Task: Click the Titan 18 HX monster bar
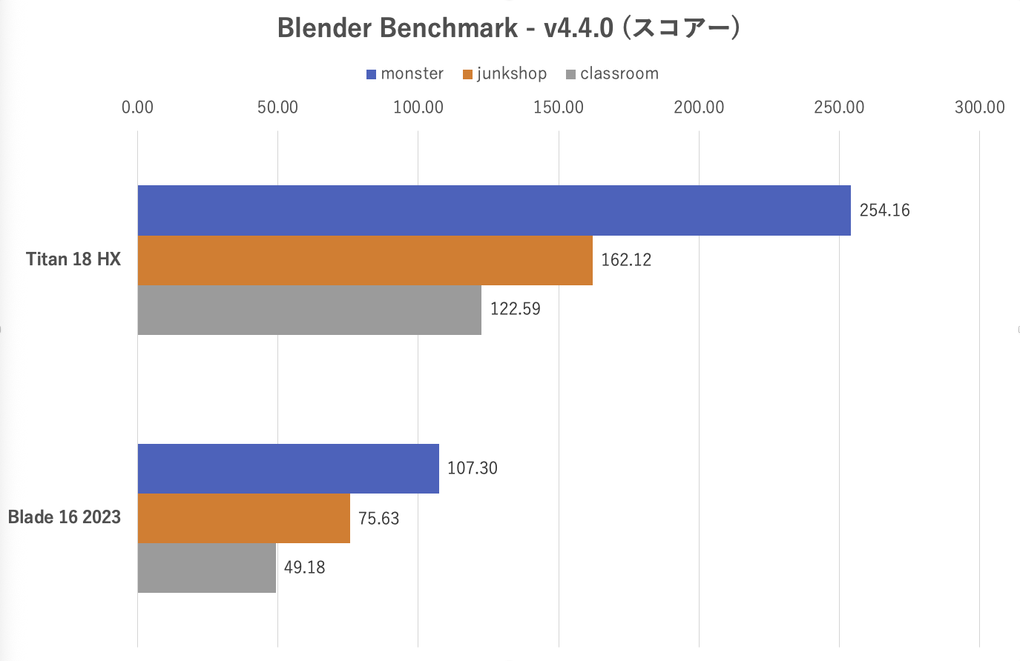click(493, 210)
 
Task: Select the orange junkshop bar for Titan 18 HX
click(364, 260)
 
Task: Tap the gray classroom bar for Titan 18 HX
click(309, 310)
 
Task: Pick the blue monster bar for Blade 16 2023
click(288, 468)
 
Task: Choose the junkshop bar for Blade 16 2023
click(243, 518)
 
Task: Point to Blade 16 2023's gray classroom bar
click(206, 568)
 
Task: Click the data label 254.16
click(884, 210)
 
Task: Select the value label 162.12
click(626, 260)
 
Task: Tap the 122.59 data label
click(515, 309)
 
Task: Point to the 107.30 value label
click(472, 468)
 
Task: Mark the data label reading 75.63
click(378, 519)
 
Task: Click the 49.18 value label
click(304, 568)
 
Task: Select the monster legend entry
click(405, 74)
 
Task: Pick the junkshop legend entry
click(504, 74)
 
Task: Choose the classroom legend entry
click(612, 74)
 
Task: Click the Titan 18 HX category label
click(73, 259)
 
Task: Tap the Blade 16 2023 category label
click(64, 517)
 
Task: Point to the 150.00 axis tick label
click(559, 107)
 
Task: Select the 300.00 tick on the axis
click(979, 107)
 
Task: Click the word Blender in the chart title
click(323, 28)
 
